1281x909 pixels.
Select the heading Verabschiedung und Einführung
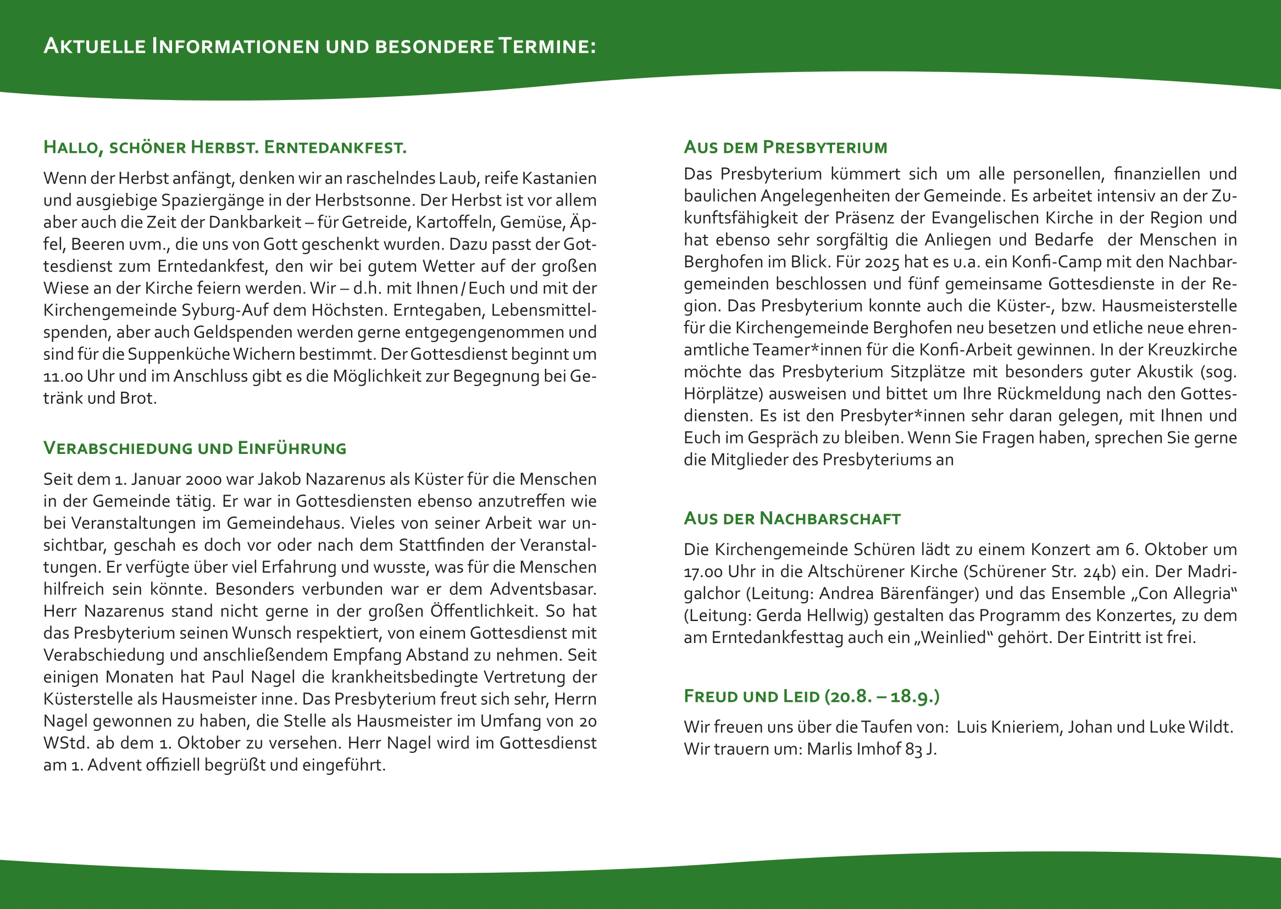pyautogui.click(x=195, y=448)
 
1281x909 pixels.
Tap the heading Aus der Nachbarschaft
pyautogui.click(x=792, y=519)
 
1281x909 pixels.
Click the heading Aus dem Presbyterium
pyautogui.click(x=785, y=147)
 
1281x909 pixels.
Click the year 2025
pyautogui.click(x=881, y=262)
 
